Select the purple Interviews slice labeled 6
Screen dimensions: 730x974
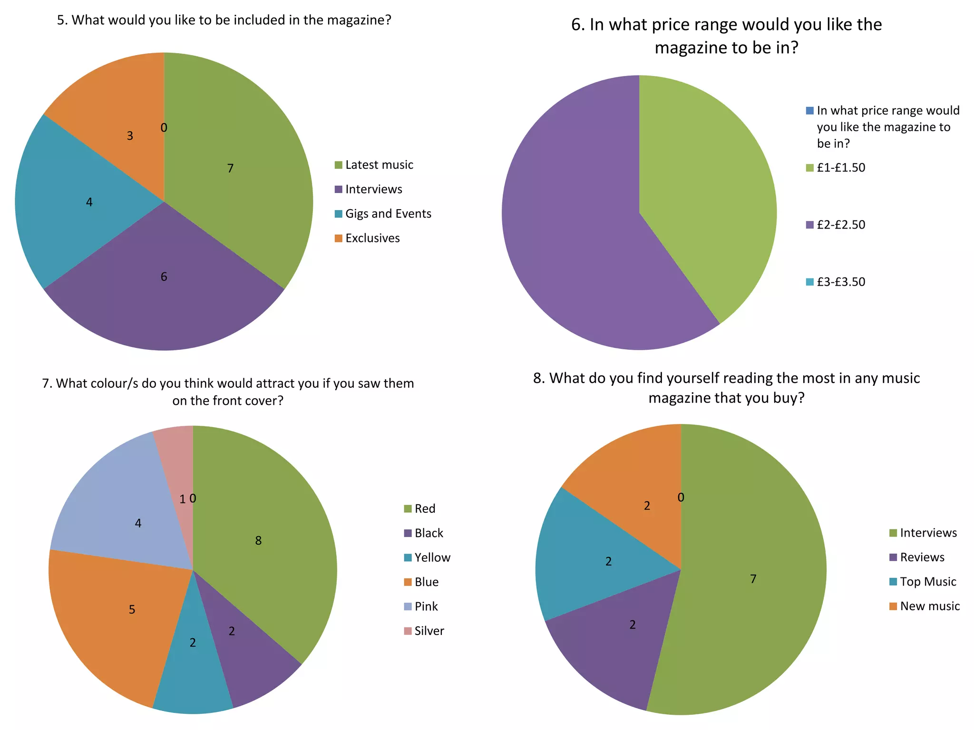point(164,295)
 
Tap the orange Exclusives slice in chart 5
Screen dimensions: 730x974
point(119,119)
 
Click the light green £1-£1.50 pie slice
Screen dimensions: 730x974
point(704,190)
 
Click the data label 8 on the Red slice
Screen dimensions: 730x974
point(258,540)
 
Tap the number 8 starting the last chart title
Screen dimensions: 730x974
point(538,378)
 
